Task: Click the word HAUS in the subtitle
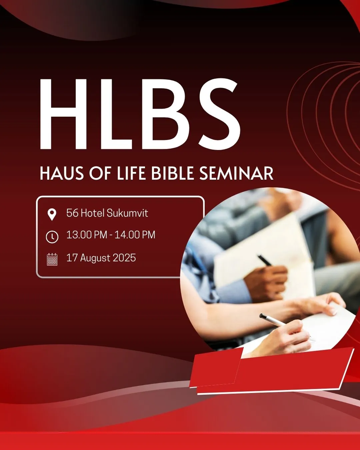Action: (x=62, y=174)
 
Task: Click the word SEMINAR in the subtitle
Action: (x=236, y=174)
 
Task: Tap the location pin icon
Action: (x=52, y=214)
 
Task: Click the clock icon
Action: (x=52, y=237)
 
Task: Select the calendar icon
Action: (x=52, y=259)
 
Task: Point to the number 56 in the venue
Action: (x=72, y=213)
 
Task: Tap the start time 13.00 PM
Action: (x=87, y=235)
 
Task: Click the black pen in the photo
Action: (x=264, y=260)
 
